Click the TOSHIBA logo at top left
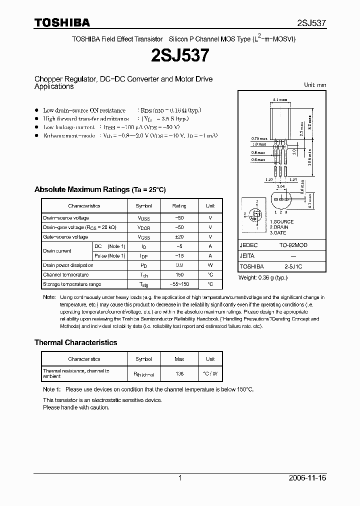pos(62,22)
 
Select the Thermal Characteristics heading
pos(75,342)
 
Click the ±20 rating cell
pos(179,237)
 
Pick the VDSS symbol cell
pos(143,218)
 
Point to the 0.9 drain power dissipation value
pos(179,265)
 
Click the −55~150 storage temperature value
pos(179,284)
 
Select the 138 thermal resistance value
pos(179,373)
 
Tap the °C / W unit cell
pos(210,373)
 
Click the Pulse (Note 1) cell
pos(110,256)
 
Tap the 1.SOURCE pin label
pos(281,221)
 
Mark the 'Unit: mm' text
pos(315,85)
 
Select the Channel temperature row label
pos(66,275)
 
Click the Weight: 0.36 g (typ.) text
pos(263,277)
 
